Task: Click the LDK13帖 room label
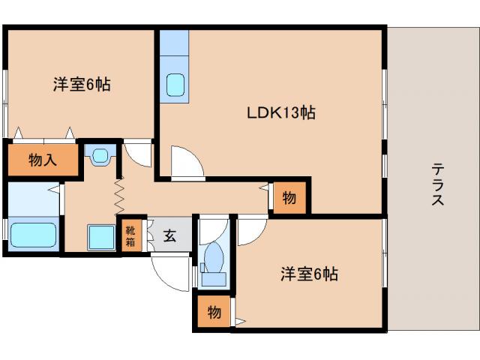(x=281, y=112)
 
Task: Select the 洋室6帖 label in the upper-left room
(x=82, y=84)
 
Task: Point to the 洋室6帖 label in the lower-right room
(x=309, y=274)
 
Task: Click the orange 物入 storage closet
(x=43, y=159)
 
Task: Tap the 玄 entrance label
(x=169, y=235)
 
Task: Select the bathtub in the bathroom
(x=34, y=234)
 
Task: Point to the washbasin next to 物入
(x=100, y=156)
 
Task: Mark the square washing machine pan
(x=100, y=237)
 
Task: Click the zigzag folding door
(x=118, y=193)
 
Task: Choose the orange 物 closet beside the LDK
(x=289, y=198)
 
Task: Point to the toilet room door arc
(x=212, y=227)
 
